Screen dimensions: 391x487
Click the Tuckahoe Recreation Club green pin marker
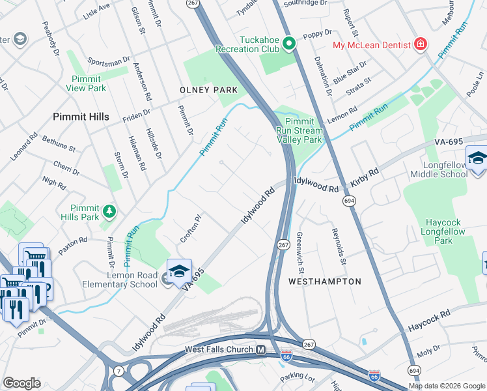[x=289, y=44]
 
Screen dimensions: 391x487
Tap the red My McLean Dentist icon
[x=422, y=44]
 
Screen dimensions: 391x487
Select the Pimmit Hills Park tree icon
[x=110, y=210]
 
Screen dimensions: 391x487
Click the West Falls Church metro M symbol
[x=260, y=350]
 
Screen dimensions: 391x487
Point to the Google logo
[x=21, y=383]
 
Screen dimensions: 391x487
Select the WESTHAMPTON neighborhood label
[x=324, y=282]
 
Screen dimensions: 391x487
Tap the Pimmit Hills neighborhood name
[x=81, y=117]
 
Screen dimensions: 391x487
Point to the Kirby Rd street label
[x=365, y=181]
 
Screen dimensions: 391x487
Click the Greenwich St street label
[x=300, y=252]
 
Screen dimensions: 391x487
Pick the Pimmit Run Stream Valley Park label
[x=299, y=130]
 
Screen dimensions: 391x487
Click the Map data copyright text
[x=446, y=386]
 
